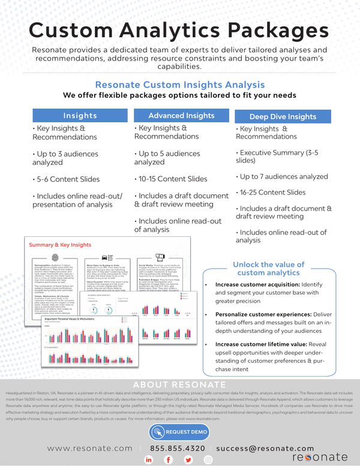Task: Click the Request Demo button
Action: point(179,432)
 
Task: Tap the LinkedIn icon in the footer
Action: point(149,459)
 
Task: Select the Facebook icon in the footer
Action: point(169,459)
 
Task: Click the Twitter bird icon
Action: point(188,459)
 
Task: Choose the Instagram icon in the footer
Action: point(208,459)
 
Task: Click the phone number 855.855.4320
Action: point(178,448)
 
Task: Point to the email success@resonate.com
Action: point(265,448)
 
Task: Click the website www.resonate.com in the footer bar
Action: point(89,448)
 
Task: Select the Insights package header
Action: point(80,115)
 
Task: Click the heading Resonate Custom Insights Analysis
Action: point(180,85)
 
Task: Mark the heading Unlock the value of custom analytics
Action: point(268,269)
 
